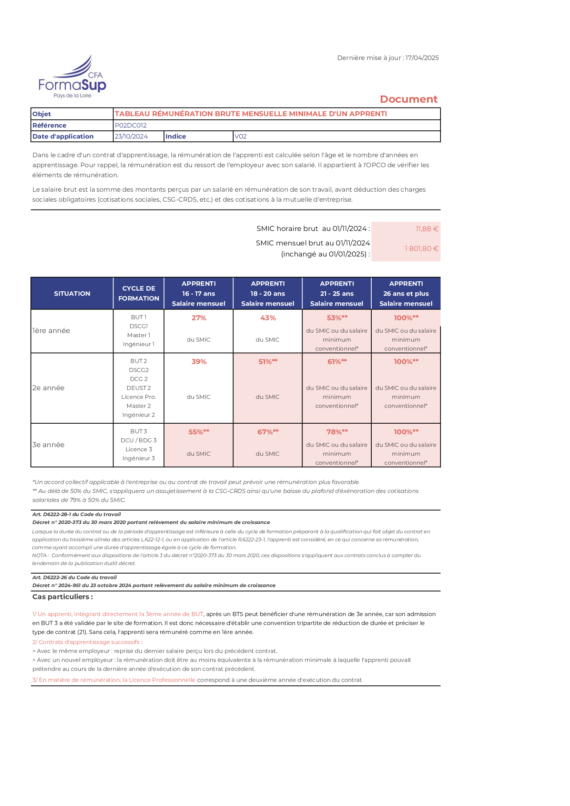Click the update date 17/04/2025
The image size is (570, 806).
(422, 58)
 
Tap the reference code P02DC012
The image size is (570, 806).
(131, 125)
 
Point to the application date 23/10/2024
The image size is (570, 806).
(131, 137)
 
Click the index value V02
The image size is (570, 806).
(241, 137)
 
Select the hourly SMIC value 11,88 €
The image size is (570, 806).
(427, 229)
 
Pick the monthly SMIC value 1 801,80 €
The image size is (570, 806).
(421, 249)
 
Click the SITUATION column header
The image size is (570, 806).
(72, 293)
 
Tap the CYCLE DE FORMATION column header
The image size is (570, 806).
(139, 293)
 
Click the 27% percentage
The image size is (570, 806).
(199, 318)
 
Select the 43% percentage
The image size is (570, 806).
(268, 318)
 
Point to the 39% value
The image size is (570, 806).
(199, 362)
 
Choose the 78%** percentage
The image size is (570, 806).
(337, 432)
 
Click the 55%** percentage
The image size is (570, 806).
(199, 432)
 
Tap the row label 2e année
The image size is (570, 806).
(49, 388)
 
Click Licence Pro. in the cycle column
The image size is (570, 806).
(139, 397)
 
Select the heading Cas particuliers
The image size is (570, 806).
(62, 597)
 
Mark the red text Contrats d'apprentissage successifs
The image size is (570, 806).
(89, 642)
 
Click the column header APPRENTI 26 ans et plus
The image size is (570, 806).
(406, 293)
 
